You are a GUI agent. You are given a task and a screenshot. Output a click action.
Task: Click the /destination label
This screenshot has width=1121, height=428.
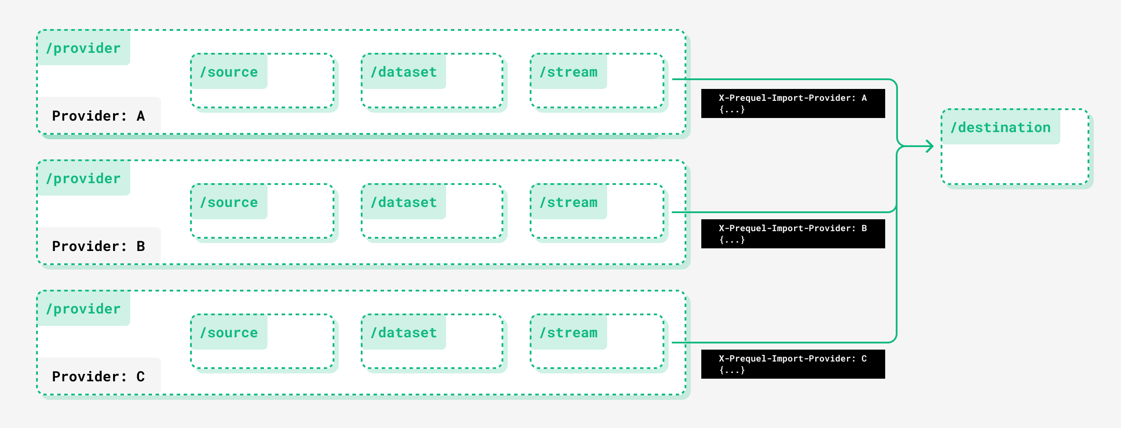click(x=1000, y=127)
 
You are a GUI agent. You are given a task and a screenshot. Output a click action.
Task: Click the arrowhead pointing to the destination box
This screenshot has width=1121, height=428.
click(x=930, y=146)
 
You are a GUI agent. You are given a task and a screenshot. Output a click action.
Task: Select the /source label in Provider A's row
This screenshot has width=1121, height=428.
click(x=229, y=72)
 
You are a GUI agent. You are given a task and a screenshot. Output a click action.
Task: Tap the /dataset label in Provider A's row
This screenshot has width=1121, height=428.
click(x=403, y=72)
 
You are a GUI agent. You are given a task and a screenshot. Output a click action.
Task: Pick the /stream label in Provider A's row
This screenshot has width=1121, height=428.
click(x=568, y=72)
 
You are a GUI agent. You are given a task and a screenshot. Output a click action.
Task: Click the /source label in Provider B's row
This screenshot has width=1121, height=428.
click(x=229, y=202)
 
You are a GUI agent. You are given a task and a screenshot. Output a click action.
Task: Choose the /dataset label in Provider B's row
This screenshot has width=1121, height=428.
click(x=403, y=202)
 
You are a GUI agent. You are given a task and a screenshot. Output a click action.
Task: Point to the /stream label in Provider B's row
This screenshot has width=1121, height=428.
click(x=568, y=202)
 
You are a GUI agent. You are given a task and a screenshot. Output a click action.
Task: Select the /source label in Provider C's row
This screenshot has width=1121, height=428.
click(x=229, y=332)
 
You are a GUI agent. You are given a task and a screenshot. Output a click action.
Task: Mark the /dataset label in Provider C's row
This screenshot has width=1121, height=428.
click(x=403, y=332)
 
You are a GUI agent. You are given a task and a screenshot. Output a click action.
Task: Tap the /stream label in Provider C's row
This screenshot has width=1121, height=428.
click(x=568, y=332)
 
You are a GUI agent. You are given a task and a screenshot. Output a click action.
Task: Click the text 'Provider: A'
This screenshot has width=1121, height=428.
click(x=98, y=116)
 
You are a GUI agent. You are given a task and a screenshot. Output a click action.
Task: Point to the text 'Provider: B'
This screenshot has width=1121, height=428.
click(x=98, y=246)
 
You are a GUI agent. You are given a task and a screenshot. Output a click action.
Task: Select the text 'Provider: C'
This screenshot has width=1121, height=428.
click(x=98, y=376)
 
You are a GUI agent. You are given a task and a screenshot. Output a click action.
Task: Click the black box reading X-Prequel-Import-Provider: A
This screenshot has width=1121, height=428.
click(x=793, y=103)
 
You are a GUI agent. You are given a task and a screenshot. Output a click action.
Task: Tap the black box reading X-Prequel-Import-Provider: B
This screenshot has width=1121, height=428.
click(x=793, y=234)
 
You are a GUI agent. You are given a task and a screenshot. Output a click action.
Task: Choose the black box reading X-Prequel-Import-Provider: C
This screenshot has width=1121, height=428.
click(x=793, y=364)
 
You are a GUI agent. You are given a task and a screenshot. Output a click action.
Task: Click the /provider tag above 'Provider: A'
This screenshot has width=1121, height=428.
click(x=83, y=48)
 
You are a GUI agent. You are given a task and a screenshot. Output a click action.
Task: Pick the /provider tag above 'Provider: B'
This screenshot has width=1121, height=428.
click(x=83, y=178)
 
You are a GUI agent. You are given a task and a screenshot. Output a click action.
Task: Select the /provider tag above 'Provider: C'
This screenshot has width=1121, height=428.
click(x=83, y=309)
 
